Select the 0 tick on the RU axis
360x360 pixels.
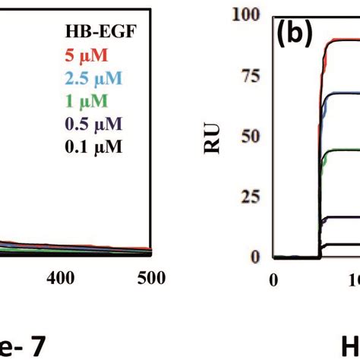pyautogui.click(x=256, y=256)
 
